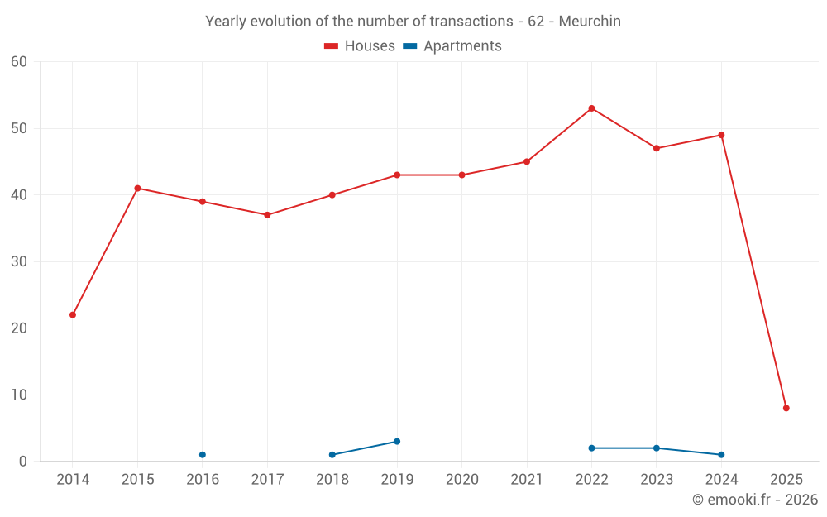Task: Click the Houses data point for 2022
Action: tap(591, 108)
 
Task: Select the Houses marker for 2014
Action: tap(73, 315)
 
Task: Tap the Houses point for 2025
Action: tap(786, 408)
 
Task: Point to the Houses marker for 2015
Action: tap(137, 189)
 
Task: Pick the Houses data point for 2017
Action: tap(267, 215)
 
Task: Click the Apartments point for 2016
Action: tap(203, 455)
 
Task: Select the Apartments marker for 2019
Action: tap(397, 442)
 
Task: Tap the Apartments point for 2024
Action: tap(721, 455)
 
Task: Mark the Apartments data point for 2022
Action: tap(591, 448)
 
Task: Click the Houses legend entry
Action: tap(360, 46)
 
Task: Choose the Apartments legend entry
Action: tap(452, 46)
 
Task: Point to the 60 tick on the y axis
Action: tap(19, 62)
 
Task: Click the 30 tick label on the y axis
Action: tap(19, 261)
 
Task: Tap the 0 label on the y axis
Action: tap(23, 462)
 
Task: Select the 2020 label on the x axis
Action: tap(461, 480)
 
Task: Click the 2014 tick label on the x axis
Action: tap(73, 480)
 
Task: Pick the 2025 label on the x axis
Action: tap(786, 480)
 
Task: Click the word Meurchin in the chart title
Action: tap(590, 22)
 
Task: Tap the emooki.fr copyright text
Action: tap(754, 500)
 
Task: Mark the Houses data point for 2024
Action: tap(721, 135)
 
